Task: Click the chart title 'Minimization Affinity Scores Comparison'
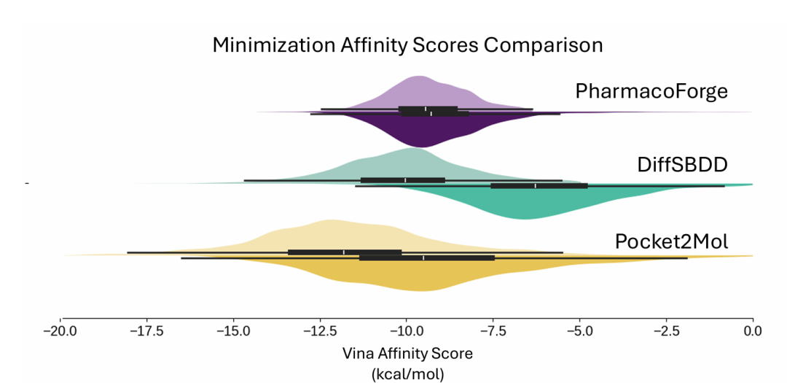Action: coord(407,45)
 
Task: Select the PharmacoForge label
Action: coord(651,91)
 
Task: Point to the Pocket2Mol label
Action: coord(671,241)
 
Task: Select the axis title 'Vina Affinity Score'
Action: coord(407,354)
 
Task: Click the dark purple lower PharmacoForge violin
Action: coord(430,129)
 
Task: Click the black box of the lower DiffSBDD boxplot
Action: coord(539,186)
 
